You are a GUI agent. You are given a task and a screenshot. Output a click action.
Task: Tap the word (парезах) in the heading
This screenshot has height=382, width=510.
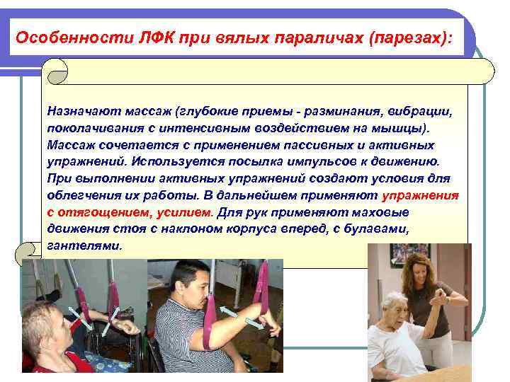click(408, 37)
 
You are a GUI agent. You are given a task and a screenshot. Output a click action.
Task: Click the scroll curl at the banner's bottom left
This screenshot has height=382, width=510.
click(30, 250)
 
